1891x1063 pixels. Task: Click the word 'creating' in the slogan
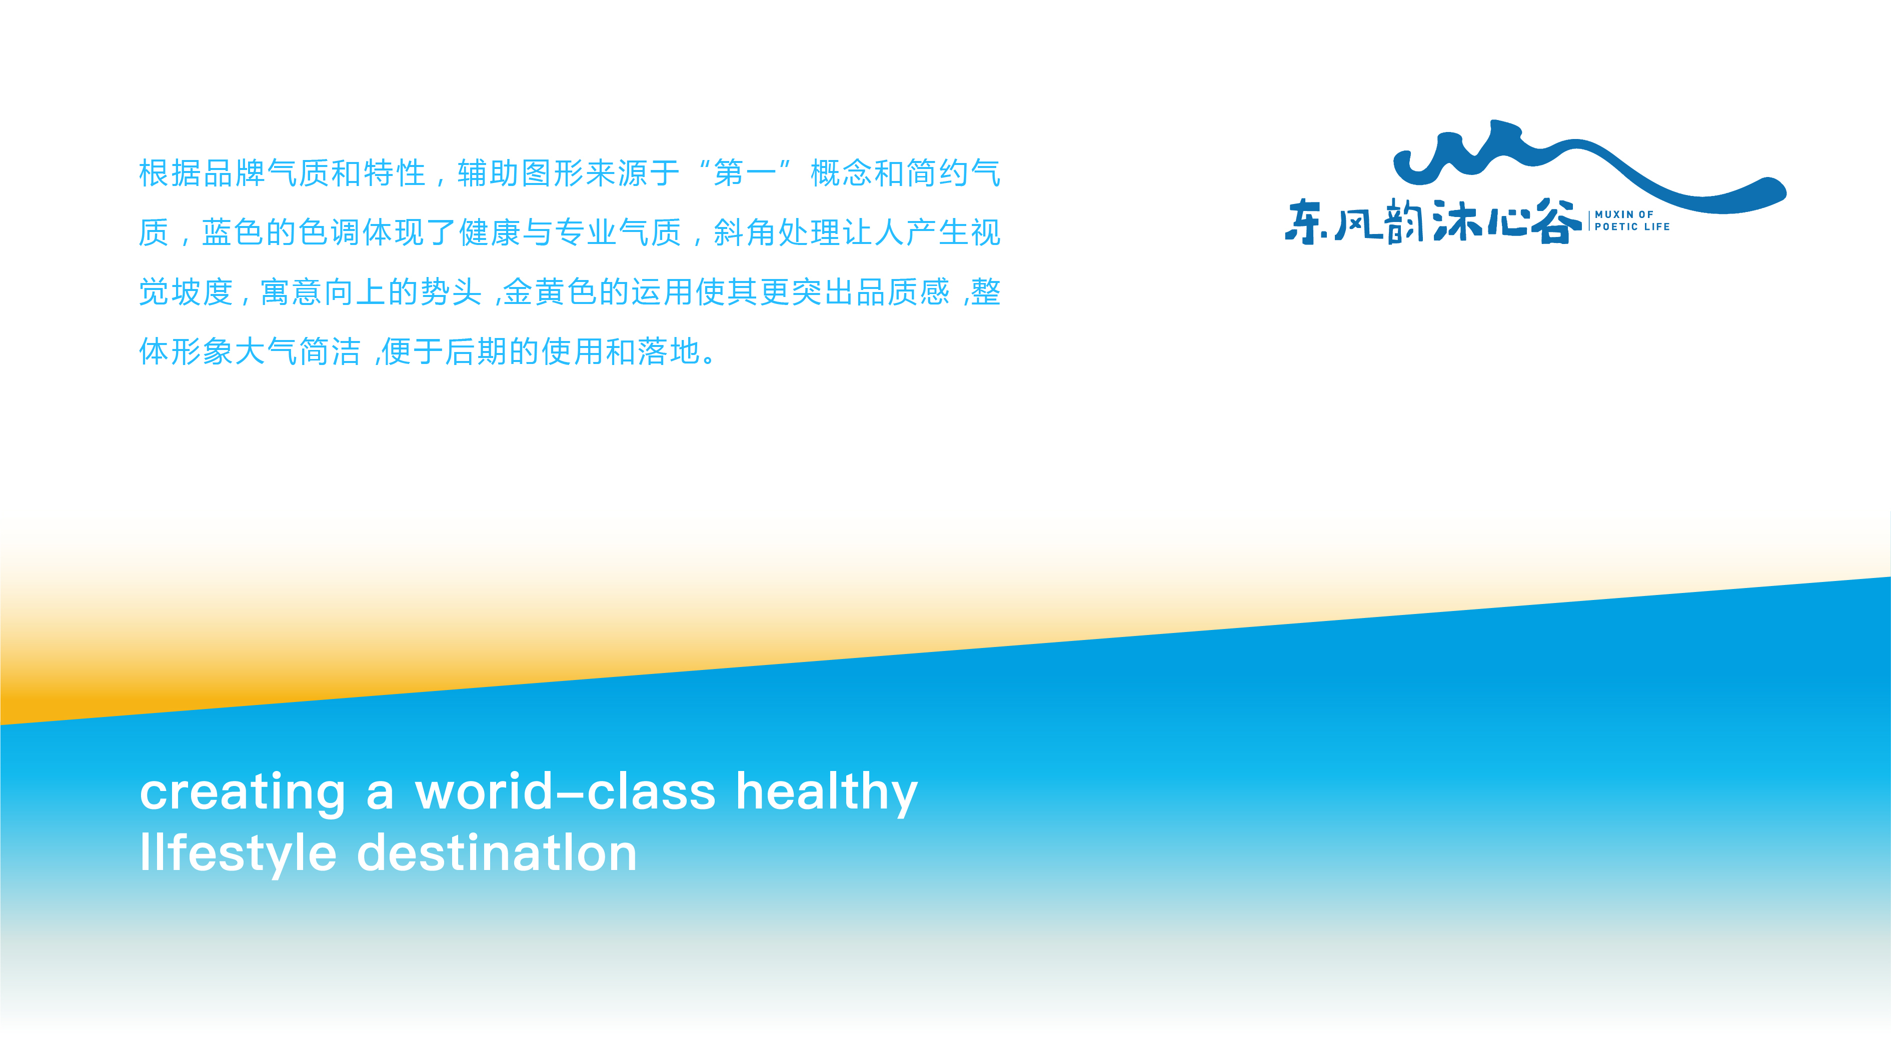(x=242, y=793)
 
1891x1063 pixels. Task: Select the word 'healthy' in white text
(x=827, y=793)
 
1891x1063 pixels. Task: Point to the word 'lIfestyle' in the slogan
(x=238, y=854)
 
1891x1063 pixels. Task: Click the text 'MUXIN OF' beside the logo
(x=1624, y=214)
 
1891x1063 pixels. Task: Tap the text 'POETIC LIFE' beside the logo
(x=1632, y=227)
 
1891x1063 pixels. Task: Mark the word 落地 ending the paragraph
(x=670, y=351)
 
